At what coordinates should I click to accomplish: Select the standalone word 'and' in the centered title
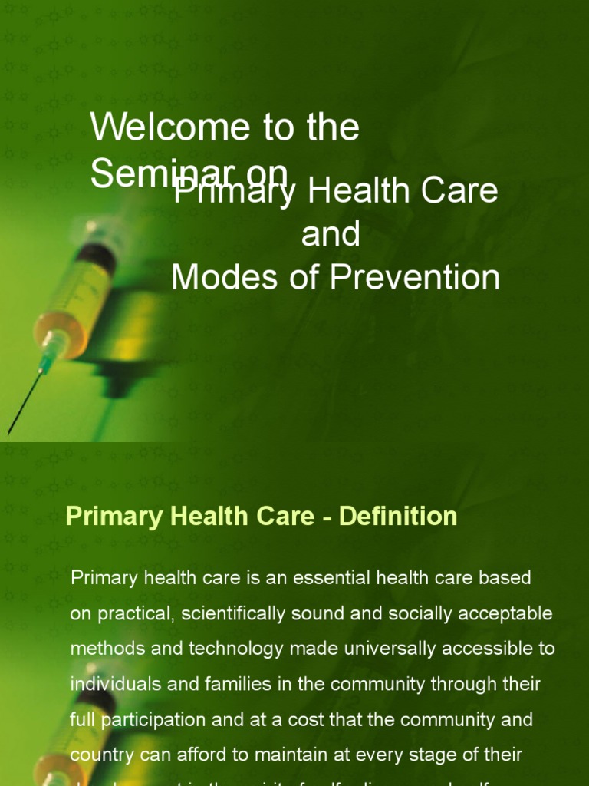(331, 234)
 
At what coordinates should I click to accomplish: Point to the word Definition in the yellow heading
(398, 517)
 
